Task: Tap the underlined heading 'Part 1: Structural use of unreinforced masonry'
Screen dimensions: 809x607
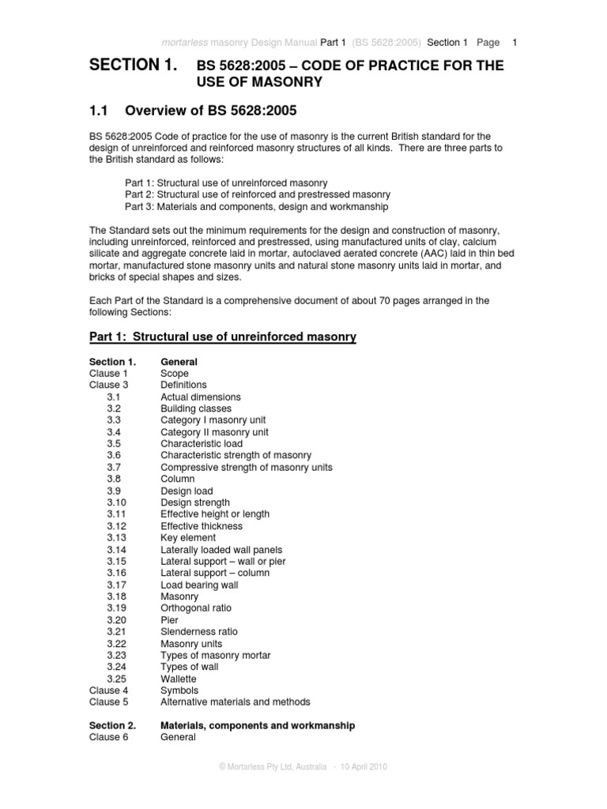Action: point(222,337)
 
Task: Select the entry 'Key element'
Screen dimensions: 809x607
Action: point(188,538)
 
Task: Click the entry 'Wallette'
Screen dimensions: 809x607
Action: point(179,679)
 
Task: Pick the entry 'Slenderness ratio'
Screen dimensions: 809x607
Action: point(198,632)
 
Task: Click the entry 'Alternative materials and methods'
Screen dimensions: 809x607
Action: point(236,702)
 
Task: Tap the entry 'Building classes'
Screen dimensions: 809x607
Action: point(196,409)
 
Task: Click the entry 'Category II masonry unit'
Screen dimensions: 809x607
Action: point(214,432)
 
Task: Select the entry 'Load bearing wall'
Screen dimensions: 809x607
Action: point(199,585)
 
